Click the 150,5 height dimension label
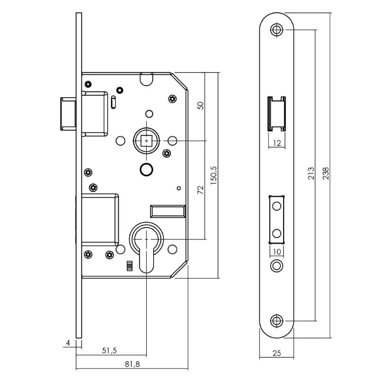click(x=214, y=174)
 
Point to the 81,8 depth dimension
click(x=132, y=364)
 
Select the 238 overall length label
click(x=326, y=174)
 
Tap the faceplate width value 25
click(x=277, y=353)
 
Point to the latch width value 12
click(x=277, y=144)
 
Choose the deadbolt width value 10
click(x=277, y=252)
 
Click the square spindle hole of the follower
click(x=146, y=141)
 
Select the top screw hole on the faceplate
click(x=277, y=30)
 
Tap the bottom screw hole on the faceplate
click(x=277, y=321)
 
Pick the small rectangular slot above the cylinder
click(x=167, y=210)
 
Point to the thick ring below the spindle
click(x=146, y=169)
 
